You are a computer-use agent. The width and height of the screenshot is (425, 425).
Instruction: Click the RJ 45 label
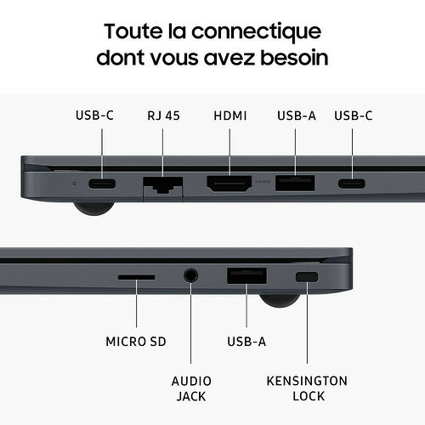pos(163,116)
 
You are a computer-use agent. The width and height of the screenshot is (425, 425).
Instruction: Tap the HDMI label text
pos(230,116)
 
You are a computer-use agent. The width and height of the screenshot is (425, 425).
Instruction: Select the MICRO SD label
pos(136,342)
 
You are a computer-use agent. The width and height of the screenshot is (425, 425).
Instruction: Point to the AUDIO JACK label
pos(191,388)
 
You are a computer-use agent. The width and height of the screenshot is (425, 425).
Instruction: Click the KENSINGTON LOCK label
pos(307,388)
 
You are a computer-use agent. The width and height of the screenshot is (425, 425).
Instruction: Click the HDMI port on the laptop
pos(229,184)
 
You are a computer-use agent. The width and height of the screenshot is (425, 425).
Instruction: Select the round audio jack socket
pos(190,275)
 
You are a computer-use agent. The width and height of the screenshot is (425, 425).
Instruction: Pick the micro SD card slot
pos(136,277)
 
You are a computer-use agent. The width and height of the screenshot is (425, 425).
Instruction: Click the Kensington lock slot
pos(307,277)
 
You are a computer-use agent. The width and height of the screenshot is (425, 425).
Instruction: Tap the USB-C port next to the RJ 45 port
pos(102,184)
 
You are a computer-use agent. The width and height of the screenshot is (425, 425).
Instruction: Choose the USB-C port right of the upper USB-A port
pos(352,184)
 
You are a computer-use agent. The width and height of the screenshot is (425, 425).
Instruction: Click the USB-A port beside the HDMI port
pos(295,183)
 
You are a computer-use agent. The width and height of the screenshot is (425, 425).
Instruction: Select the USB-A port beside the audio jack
pos(246,275)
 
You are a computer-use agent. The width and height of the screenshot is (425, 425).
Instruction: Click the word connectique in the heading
pos(257,32)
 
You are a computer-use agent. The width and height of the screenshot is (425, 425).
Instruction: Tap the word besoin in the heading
pos(294,58)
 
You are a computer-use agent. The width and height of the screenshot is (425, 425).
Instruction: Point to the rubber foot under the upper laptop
pos(93,208)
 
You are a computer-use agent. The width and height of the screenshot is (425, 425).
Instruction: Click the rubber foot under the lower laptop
pos(280,300)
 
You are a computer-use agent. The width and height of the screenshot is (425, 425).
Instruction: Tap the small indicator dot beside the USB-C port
pos(75,184)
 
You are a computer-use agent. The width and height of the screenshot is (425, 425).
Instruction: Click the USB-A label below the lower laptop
pos(246,342)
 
